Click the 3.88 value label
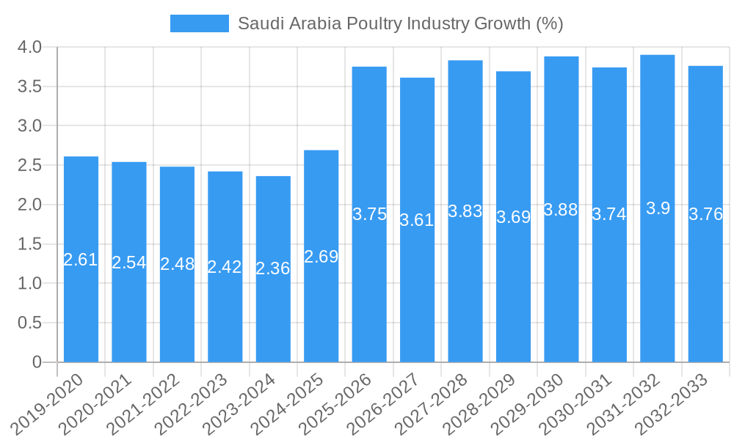pyautogui.click(x=561, y=210)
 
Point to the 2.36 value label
pyautogui.click(x=273, y=268)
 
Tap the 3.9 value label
pyautogui.click(x=658, y=208)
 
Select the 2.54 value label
pyautogui.click(x=129, y=263)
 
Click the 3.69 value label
pyautogui.click(x=513, y=217)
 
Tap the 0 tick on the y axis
pyautogui.click(x=37, y=362)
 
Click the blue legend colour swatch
pyautogui.click(x=199, y=23)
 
